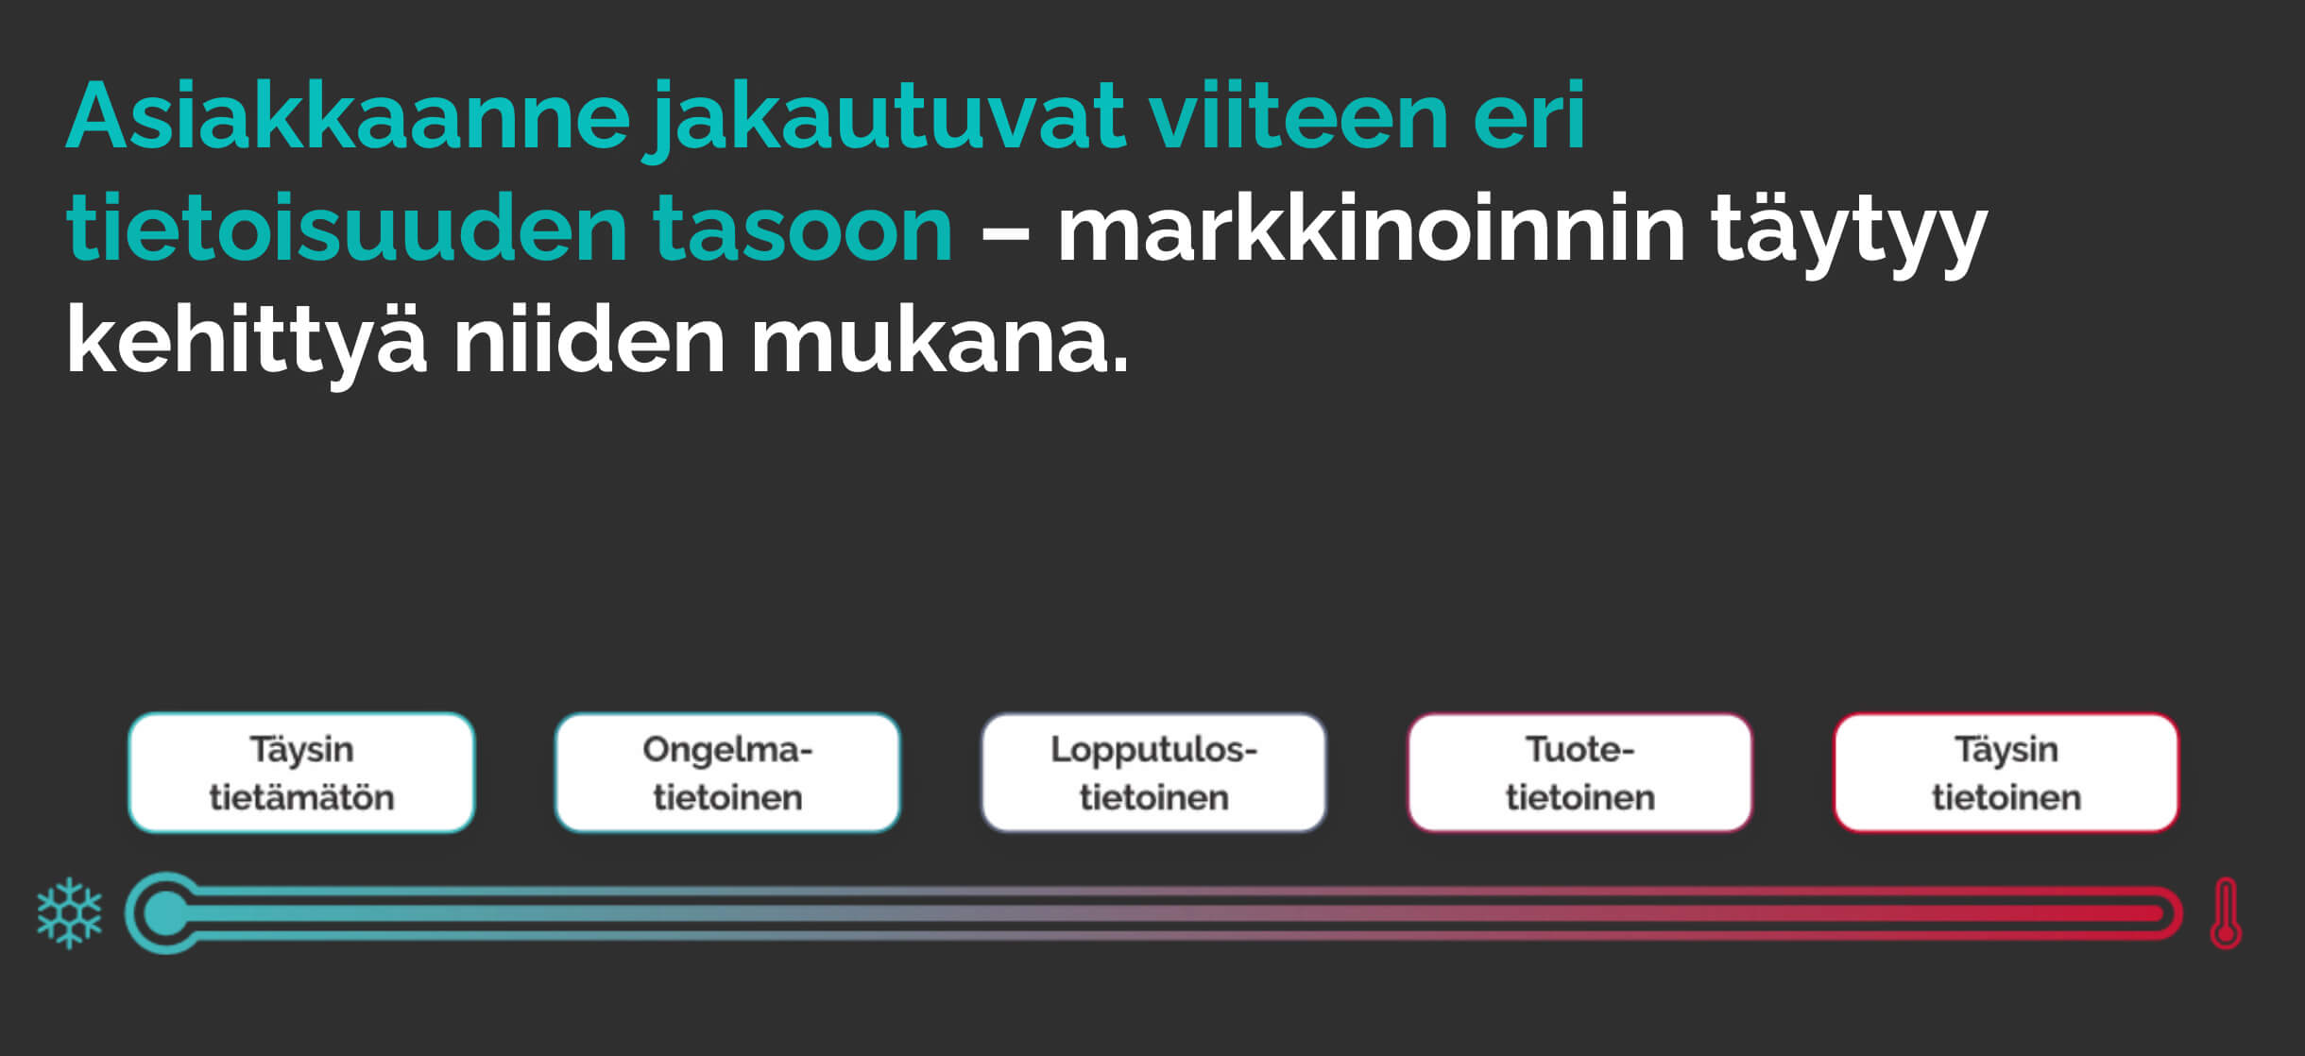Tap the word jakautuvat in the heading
click(889, 121)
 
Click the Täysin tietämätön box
click(301, 773)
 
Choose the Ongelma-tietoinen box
click(727, 773)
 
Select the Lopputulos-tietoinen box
click(1153, 773)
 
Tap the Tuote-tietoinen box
click(1580, 773)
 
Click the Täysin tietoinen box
click(2006, 773)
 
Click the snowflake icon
click(69, 913)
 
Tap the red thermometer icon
click(2226, 913)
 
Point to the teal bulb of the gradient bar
click(166, 913)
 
